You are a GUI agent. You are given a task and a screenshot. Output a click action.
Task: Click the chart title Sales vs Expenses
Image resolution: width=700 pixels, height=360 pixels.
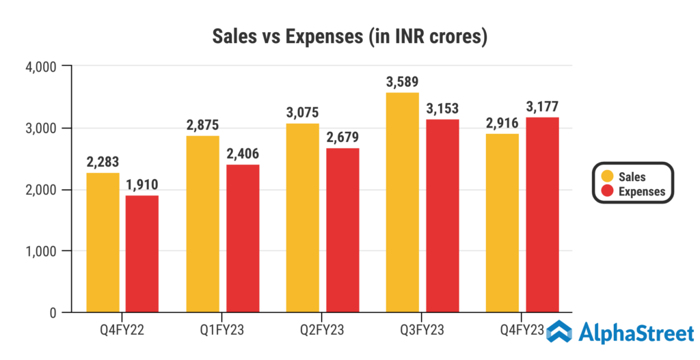pos(349,36)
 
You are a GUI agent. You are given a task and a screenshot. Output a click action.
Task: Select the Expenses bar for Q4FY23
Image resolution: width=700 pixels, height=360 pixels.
pos(542,214)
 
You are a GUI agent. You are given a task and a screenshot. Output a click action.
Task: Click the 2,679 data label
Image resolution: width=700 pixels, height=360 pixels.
pos(342,137)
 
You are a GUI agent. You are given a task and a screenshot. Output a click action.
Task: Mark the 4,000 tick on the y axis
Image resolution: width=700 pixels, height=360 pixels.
pos(41,67)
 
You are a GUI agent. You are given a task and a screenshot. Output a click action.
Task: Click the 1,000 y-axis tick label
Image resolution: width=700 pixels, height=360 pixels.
pos(41,251)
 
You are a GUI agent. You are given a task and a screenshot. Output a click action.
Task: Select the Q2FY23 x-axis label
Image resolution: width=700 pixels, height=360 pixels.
pos(322,331)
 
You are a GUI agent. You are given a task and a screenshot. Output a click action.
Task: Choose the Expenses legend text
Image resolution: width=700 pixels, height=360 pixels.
pos(641,191)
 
